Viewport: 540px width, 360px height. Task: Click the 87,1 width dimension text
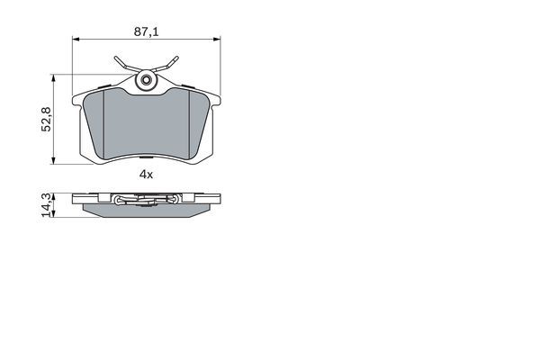(146, 31)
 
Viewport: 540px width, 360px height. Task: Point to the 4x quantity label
(146, 175)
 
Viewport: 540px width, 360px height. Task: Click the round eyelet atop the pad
(146, 81)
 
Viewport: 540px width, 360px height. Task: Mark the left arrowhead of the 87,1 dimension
(76, 39)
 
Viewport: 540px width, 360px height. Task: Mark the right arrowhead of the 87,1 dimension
(217, 39)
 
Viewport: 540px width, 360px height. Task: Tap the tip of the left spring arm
(117, 60)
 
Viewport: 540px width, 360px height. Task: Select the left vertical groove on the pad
(105, 123)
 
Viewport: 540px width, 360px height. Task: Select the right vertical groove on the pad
(187, 123)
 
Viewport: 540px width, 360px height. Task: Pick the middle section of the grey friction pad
(146, 126)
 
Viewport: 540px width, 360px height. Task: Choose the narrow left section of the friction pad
(95, 121)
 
